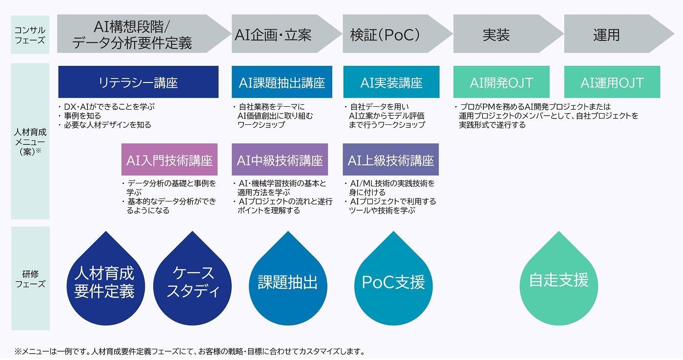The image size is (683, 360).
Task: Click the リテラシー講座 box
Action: pyautogui.click(x=139, y=82)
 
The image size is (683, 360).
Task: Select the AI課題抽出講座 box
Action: pyautogui.click(x=282, y=82)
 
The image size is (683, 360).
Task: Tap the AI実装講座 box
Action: pyautogui.click(x=391, y=82)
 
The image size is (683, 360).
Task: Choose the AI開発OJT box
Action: pyautogui.click(x=502, y=82)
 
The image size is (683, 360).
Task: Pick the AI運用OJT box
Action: pyautogui.click(x=612, y=82)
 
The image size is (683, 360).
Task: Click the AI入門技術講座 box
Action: pyautogui.click(x=170, y=160)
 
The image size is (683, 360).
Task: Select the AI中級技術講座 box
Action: pyautogui.click(x=280, y=160)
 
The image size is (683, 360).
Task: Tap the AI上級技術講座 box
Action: pyautogui.click(x=391, y=160)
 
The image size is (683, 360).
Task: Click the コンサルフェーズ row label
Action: pyautogui.click(x=30, y=35)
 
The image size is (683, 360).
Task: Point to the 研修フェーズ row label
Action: pyautogui.click(x=30, y=279)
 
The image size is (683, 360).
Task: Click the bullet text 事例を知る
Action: pyautogui.click(x=82, y=116)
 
